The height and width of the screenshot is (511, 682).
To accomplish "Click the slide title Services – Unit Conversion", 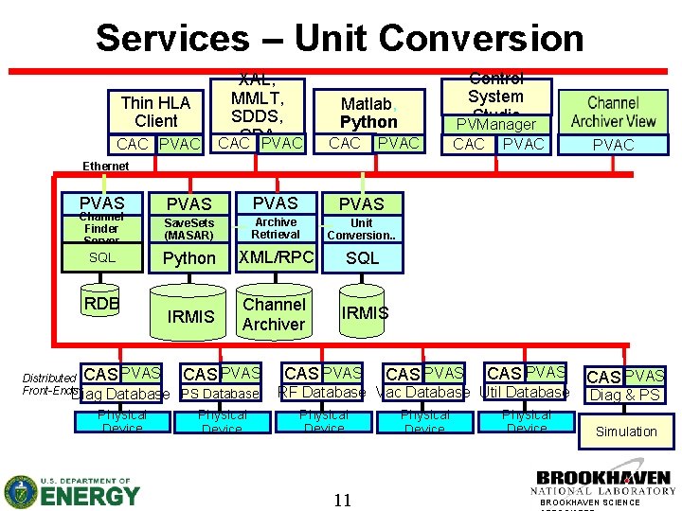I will (x=339, y=38).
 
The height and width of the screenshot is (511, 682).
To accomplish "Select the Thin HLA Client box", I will (x=156, y=112).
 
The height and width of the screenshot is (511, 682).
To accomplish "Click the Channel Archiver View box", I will (x=613, y=112).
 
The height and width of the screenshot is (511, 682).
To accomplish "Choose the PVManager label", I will (x=495, y=124).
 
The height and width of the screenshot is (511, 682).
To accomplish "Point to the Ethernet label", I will (x=105, y=166).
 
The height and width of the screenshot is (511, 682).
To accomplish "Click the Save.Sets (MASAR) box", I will (x=188, y=229).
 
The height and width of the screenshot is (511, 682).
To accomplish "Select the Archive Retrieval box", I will (x=276, y=228).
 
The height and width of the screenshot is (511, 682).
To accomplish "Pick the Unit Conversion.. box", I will (x=361, y=229).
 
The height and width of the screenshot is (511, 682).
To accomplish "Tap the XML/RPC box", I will (x=276, y=256).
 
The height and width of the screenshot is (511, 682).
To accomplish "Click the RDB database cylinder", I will (x=101, y=304).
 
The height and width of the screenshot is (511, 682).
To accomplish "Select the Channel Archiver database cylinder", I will (x=274, y=314).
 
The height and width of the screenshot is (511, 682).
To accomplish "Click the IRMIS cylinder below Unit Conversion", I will (x=365, y=313).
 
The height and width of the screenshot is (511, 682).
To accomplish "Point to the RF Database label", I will (x=321, y=393).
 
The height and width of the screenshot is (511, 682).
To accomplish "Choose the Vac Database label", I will (x=422, y=393).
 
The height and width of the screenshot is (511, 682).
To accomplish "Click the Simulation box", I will (x=625, y=432).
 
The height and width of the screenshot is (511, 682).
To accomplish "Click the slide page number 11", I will (x=342, y=500).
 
